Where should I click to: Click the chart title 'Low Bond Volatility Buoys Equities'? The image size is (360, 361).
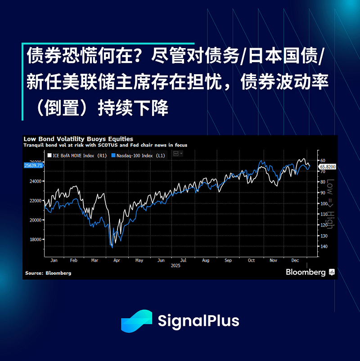pyautogui.click(x=78, y=139)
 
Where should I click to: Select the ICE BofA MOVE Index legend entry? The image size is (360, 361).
pyautogui.click(x=77, y=156)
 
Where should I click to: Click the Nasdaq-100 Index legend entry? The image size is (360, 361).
pyautogui.click(x=138, y=156)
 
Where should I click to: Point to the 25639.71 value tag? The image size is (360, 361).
pyautogui.click(x=33, y=165)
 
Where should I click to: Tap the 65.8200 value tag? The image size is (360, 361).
pyautogui.click(x=328, y=167)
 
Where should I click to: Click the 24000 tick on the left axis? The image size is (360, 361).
pyautogui.click(x=36, y=182)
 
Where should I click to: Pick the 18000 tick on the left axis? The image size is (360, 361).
pyautogui.click(x=36, y=240)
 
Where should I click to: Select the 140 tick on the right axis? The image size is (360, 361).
pyautogui.click(x=324, y=246)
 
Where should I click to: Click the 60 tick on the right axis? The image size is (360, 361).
pyautogui.click(x=323, y=160)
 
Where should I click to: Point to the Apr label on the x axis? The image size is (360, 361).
pyautogui.click(x=117, y=260)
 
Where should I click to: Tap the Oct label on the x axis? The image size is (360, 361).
pyautogui.click(x=251, y=260)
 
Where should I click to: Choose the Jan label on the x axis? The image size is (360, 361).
pyautogui.click(x=54, y=260)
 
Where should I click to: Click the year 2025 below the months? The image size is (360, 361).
pyautogui.click(x=175, y=266)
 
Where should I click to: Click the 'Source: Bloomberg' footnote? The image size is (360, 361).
pyautogui.click(x=48, y=273)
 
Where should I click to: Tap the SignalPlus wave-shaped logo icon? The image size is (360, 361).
pyautogui.click(x=137, y=321)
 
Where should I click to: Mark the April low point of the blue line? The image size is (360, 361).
pyautogui.click(x=112, y=248)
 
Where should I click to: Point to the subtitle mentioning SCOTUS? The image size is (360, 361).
pyautogui.click(x=105, y=145)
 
